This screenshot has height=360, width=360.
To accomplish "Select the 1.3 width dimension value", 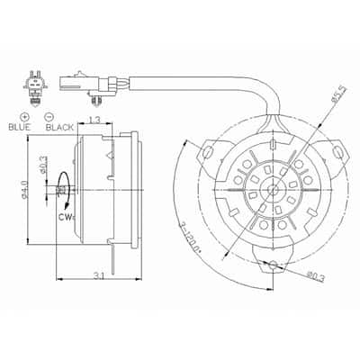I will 94,120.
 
